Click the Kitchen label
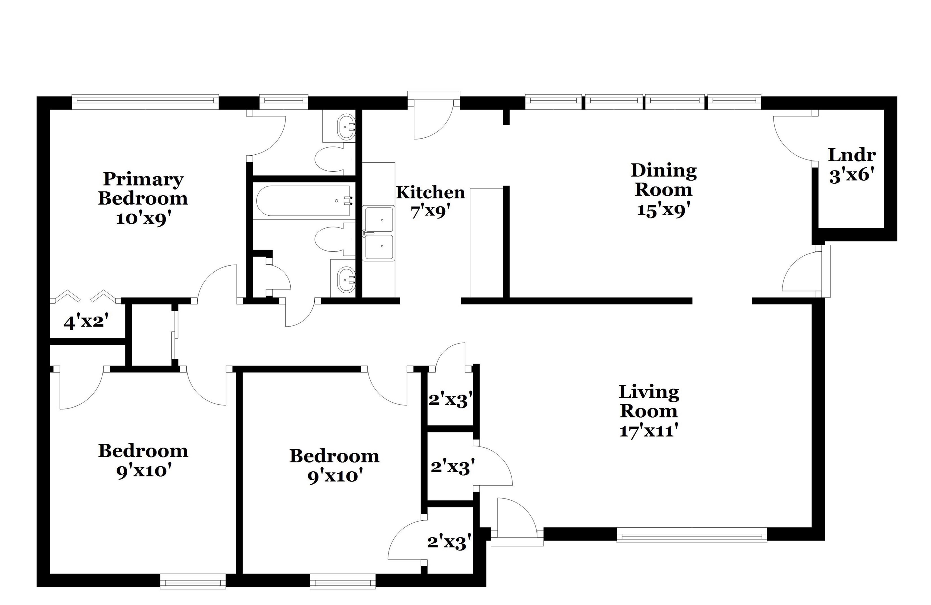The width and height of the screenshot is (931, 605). [430, 193]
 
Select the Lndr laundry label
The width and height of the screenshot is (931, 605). [852, 155]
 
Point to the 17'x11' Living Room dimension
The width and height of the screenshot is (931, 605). [648, 431]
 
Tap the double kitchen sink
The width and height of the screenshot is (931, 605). [379, 233]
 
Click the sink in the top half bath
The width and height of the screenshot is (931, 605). [346, 127]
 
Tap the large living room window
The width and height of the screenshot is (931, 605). [691, 535]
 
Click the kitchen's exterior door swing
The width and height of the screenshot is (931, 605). [432, 121]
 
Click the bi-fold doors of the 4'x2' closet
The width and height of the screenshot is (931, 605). [84, 296]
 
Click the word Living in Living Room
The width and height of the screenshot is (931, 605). [648, 392]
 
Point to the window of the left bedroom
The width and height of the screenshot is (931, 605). [193, 581]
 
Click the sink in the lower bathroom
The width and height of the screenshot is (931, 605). [346, 280]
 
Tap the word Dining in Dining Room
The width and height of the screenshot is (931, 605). [663, 171]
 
